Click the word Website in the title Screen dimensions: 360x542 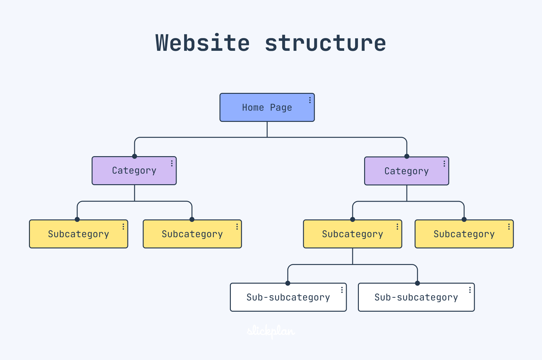click(x=202, y=43)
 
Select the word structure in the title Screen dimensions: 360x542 click(x=325, y=43)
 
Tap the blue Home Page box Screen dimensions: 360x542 click(x=267, y=108)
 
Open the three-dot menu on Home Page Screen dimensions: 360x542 click(x=310, y=100)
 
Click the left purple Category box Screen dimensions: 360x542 click(x=134, y=170)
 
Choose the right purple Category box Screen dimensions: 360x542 click(x=406, y=171)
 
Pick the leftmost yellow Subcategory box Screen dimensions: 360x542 click(x=78, y=234)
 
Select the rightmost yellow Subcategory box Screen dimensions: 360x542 click(x=464, y=234)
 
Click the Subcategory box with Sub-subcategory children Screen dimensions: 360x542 click(x=352, y=234)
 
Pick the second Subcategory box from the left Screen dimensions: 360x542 click(x=192, y=234)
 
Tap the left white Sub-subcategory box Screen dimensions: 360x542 click(x=288, y=297)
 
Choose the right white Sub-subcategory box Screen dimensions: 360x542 click(x=416, y=297)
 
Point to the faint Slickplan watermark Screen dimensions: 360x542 click(x=271, y=331)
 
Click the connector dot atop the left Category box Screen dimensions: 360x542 click(x=135, y=156)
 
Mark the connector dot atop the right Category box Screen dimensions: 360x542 click(x=407, y=156)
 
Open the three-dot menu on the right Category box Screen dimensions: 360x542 click(x=444, y=164)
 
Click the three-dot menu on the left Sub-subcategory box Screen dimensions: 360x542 click(x=342, y=290)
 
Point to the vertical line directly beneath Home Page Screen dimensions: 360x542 click(x=267, y=129)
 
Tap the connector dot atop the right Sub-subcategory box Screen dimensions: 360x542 click(x=417, y=283)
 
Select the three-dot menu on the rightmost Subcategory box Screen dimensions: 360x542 click(x=509, y=227)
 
